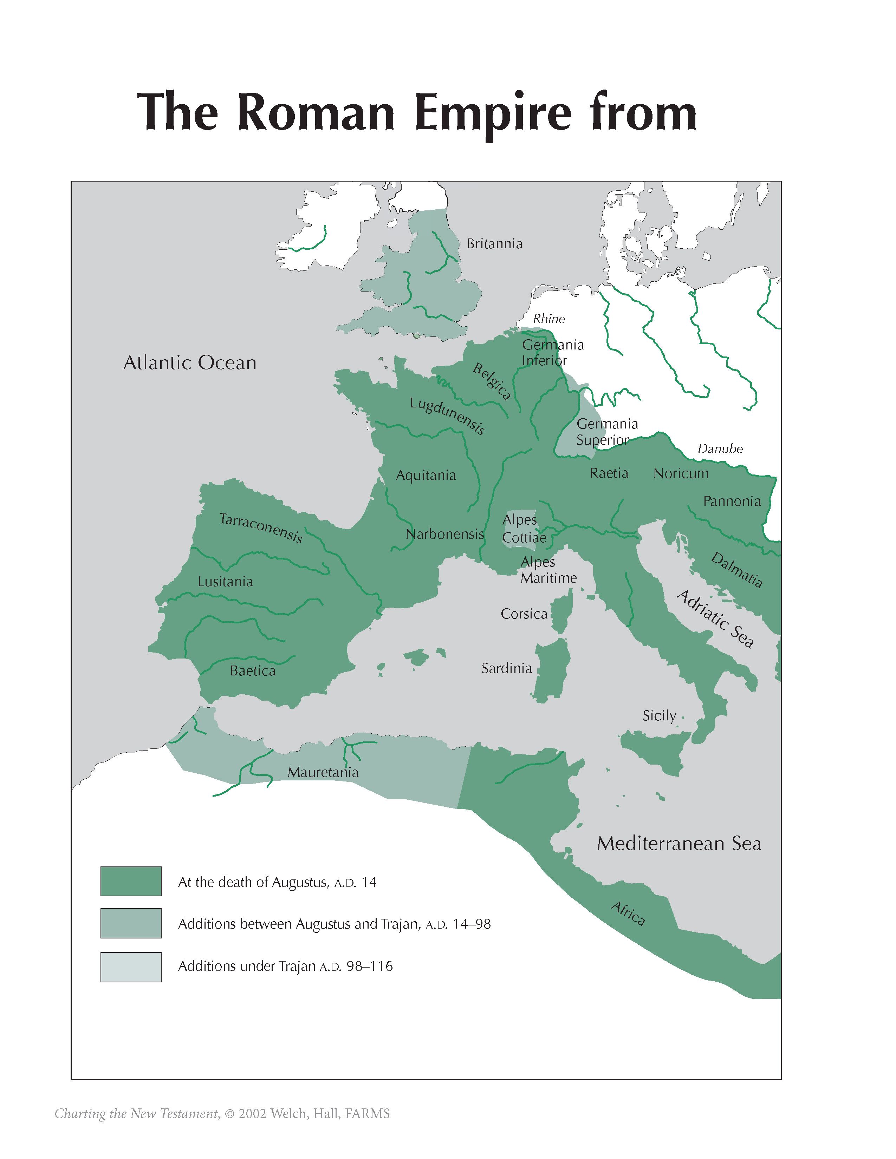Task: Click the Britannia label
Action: click(494, 244)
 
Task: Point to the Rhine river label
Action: click(549, 319)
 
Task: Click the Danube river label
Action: click(720, 448)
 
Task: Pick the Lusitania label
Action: click(225, 582)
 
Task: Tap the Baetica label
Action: click(253, 671)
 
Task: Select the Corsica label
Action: click(524, 614)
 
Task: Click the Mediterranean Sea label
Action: click(679, 843)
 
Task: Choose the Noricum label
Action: click(681, 473)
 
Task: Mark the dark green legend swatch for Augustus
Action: click(131, 882)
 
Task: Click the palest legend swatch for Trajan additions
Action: click(131, 967)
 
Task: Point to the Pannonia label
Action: click(732, 501)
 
